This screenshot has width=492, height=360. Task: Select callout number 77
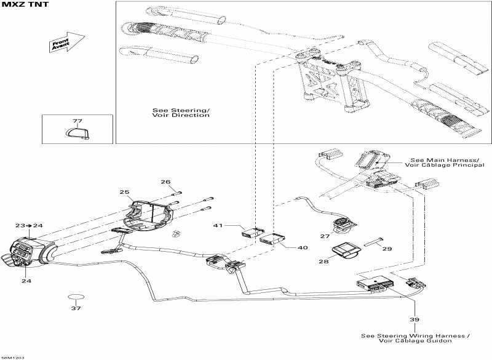point(77,121)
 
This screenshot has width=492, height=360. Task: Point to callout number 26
point(165,182)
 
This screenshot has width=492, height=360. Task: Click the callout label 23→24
point(29,226)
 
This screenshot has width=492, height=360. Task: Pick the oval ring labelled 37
point(76,297)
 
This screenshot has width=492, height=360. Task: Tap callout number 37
point(76,308)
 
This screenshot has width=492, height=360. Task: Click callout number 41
point(217,226)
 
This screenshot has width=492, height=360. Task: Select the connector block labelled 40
point(271,239)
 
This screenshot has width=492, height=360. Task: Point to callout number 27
point(325,236)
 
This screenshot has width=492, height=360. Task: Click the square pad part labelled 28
point(345,252)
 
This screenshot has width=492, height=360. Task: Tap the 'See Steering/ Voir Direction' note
point(181,113)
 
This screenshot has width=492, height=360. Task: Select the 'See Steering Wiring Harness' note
point(416,338)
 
